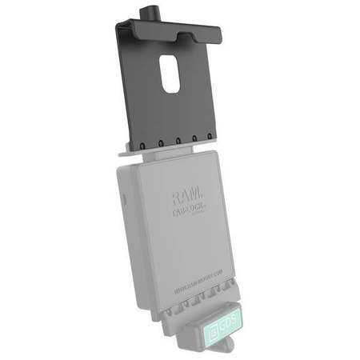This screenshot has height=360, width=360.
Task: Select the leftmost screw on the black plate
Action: [140, 145]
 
